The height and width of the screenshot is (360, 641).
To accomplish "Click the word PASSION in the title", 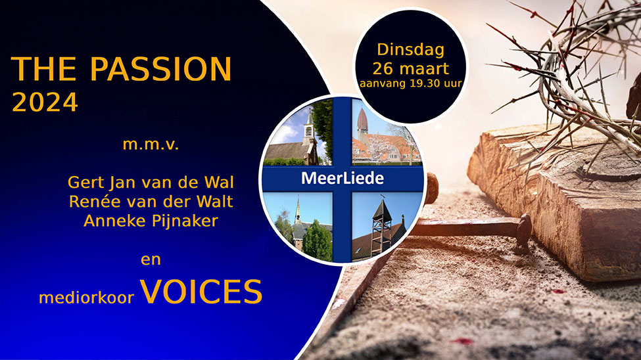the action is [160, 68].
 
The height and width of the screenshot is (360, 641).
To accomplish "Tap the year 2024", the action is [45, 102].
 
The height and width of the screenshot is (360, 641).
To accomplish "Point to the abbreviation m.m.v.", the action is [151, 145].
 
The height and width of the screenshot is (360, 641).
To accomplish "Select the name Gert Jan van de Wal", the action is [151, 182].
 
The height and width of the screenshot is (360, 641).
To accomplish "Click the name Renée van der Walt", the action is [151, 202].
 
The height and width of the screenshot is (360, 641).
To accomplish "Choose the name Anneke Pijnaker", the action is [151, 221].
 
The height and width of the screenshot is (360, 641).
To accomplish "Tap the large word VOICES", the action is [201, 292].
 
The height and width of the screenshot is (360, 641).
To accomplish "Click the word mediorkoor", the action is [86, 298].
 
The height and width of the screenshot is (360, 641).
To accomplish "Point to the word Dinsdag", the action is [410, 49].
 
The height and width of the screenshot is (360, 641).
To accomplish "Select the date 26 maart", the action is [410, 68].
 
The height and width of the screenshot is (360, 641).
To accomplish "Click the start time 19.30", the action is [424, 83].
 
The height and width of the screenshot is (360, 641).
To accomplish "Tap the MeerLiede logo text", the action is [343, 178].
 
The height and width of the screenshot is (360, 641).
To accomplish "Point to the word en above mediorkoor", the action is [151, 260].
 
